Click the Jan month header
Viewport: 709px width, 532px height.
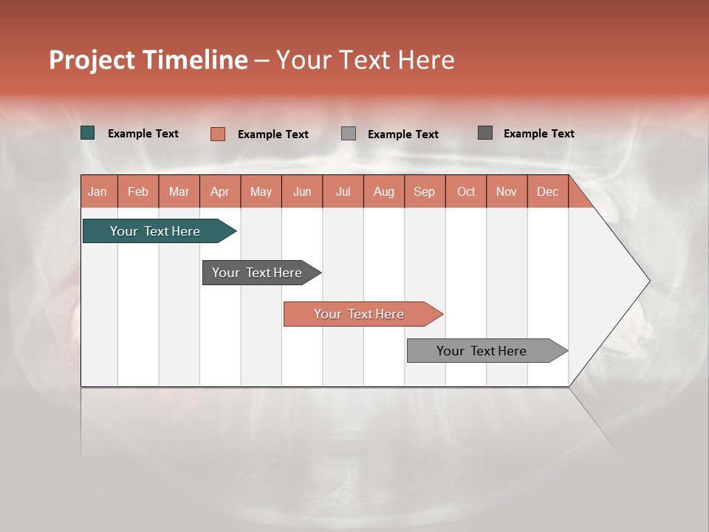[97, 191]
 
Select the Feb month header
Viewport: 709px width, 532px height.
[138, 191]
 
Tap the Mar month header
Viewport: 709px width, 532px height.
[179, 191]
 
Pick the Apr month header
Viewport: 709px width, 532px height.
[220, 191]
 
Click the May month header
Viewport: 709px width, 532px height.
[261, 191]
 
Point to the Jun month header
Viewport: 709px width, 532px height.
[302, 191]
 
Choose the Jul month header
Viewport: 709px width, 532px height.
[343, 191]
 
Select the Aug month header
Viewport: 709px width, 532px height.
[384, 191]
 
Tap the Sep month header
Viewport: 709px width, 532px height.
[425, 191]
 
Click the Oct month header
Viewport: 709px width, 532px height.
[466, 191]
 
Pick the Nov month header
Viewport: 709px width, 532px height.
[507, 191]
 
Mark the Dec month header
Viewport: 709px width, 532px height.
[548, 191]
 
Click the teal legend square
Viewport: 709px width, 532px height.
[88, 133]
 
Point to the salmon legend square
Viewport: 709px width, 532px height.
[218, 134]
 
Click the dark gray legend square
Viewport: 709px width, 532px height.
[485, 133]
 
